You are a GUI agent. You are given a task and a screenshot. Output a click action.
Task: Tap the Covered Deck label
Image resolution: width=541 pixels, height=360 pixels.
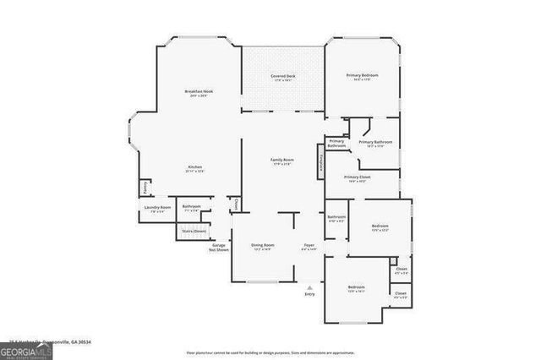[x=283, y=76]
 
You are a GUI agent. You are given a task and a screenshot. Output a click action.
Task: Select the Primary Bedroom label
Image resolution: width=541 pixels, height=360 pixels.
[x=362, y=76]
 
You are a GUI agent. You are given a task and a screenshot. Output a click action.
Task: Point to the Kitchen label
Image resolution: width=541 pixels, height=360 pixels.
[x=194, y=168]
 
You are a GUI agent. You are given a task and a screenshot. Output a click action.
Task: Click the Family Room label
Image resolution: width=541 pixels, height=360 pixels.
[x=281, y=160]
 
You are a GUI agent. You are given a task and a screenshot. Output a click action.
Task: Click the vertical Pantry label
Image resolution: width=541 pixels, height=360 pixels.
[x=145, y=186]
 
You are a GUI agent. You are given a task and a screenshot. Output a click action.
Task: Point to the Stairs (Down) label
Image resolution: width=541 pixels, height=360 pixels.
[x=194, y=231]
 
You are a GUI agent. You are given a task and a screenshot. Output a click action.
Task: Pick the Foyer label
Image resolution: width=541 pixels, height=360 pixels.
[x=309, y=246]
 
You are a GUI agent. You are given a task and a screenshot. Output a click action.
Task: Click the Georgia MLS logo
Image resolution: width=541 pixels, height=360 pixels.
[x=25, y=350]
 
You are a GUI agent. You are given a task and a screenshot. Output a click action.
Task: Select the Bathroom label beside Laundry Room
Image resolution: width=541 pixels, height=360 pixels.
[x=191, y=206]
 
